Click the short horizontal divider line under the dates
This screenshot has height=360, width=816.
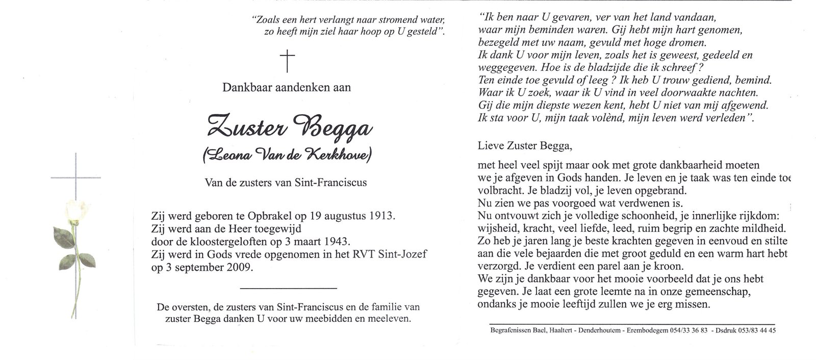coord(288,289)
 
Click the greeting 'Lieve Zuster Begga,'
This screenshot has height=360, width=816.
coord(525,145)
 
